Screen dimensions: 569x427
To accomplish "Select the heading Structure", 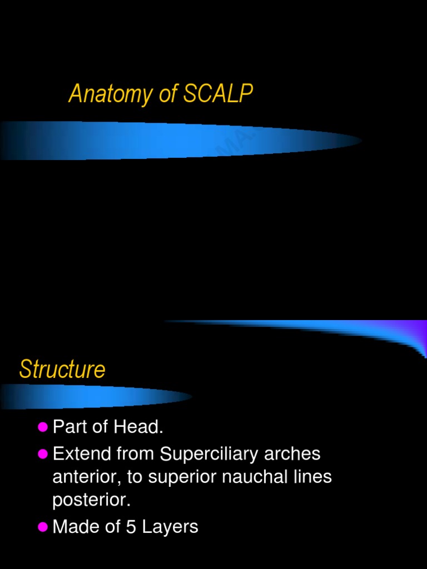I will point(62,370).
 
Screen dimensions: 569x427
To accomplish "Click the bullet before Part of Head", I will point(43,427).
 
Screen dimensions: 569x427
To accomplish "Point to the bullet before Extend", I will point(43,454).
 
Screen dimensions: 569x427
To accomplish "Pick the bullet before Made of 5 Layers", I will point(43,527).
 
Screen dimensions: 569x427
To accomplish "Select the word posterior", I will point(91,500).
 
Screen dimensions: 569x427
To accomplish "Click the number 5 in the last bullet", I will point(131,527).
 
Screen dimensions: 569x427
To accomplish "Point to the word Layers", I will point(170,527).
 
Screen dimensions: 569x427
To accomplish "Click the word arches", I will point(292,454).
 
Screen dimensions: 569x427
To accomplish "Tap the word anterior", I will point(84,477).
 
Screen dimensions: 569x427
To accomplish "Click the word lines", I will point(313,477).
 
